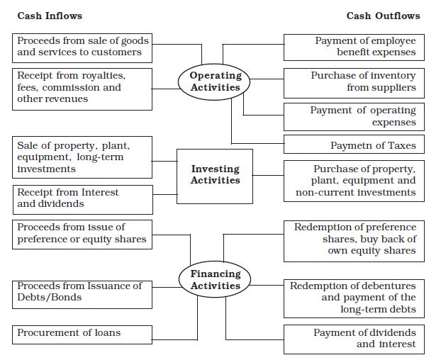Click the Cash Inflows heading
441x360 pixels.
pos(49,16)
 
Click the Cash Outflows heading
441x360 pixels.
pos(383,16)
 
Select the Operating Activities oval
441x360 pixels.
pos(216,81)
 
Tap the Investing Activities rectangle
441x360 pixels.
pos(215,174)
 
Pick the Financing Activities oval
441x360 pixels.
pos(216,279)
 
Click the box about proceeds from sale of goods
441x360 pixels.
pos(83,47)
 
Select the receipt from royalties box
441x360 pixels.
pos(83,88)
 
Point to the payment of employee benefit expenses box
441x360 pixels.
pos(355,47)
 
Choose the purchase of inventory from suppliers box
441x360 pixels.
pos(355,81)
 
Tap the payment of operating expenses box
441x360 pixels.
pos(355,116)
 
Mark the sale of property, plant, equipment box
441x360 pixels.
pos(83,157)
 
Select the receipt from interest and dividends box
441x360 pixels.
pos(83,198)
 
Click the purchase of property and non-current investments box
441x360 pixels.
pos(355,180)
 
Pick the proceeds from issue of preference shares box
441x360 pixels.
pos(83,233)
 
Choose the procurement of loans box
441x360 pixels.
pos(83,333)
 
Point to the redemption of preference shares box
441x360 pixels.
pos(355,239)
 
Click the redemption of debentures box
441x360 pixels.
pos(355,298)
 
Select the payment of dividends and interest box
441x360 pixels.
pos(355,339)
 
